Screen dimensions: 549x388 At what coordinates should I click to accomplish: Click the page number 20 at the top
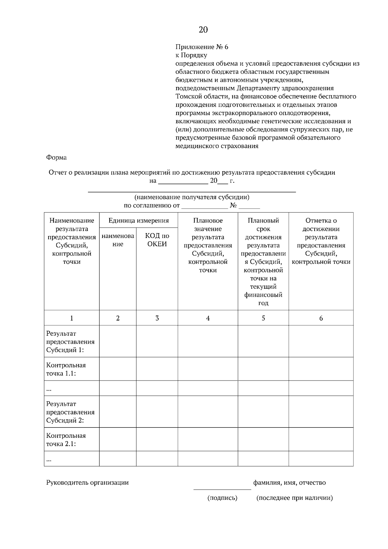click(x=203, y=30)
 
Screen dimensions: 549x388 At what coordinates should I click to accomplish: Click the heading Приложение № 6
click(x=202, y=47)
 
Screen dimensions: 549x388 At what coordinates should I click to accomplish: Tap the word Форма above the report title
click(x=56, y=157)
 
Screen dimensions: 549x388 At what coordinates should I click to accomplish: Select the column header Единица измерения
click(x=139, y=221)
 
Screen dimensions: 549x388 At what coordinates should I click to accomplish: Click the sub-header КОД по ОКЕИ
click(x=157, y=240)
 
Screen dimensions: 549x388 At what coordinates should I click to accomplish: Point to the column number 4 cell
click(x=208, y=318)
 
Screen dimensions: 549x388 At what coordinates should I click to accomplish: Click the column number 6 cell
click(x=321, y=318)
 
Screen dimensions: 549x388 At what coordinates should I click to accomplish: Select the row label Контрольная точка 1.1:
click(x=66, y=369)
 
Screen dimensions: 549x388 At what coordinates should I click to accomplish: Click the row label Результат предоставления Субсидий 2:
click(x=70, y=412)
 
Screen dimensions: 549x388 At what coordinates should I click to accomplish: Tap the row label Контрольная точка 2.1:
click(x=66, y=440)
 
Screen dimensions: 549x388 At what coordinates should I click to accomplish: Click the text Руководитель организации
click(x=87, y=482)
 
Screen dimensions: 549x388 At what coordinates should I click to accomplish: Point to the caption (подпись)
click(x=222, y=498)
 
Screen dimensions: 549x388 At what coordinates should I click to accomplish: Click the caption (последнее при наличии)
click(x=295, y=498)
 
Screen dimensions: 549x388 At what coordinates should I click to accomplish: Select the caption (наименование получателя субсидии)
click(x=192, y=197)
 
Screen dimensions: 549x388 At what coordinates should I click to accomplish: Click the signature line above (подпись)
click(x=222, y=489)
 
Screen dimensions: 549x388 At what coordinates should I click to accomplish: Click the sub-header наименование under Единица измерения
click(x=118, y=240)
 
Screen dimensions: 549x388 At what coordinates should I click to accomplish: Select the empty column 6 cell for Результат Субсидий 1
click(x=321, y=341)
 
